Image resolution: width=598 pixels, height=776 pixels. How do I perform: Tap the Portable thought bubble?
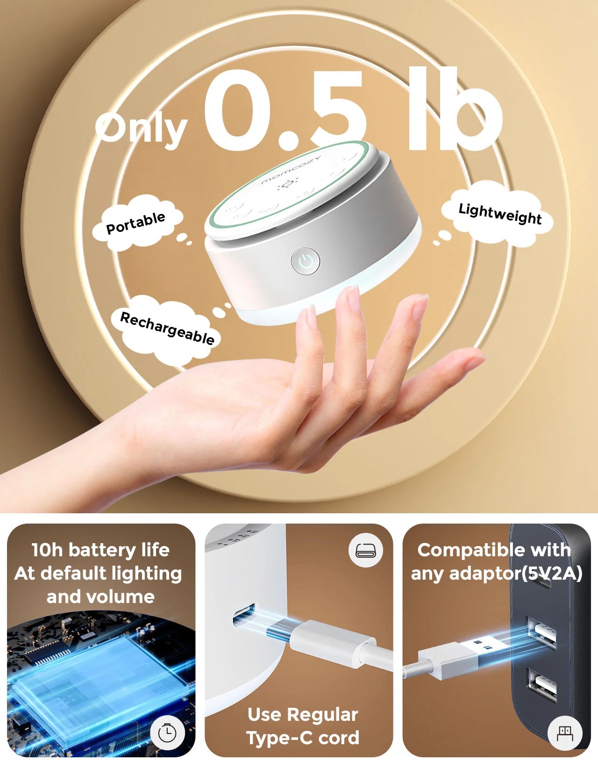[135, 223]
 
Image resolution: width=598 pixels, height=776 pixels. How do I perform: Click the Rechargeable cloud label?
[167, 328]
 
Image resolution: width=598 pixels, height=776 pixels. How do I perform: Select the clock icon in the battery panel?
[167, 733]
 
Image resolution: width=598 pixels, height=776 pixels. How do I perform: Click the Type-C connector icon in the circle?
[366, 550]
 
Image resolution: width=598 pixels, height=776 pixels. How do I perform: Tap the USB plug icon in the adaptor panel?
[565, 733]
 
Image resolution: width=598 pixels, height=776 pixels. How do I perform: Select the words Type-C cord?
[303, 738]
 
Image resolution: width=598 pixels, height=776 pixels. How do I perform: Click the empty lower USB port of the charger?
[542, 685]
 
